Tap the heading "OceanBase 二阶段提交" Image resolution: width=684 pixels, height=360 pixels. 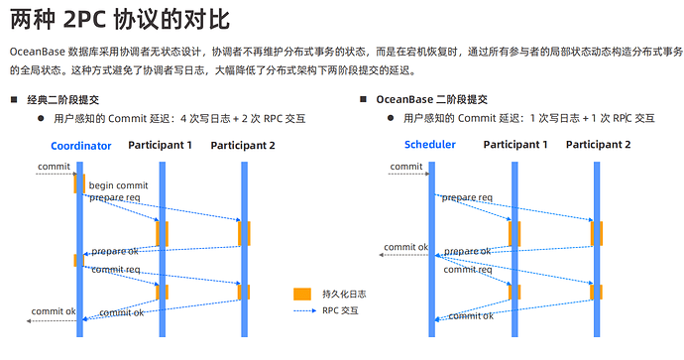431,100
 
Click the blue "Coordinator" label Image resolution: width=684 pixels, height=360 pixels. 80,146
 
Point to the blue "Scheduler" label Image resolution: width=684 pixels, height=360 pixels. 430,145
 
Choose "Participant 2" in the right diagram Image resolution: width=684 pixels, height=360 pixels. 598,145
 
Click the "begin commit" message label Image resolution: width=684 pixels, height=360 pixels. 118,185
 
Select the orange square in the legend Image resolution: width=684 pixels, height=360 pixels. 303,294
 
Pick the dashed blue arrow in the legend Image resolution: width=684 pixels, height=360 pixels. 303,310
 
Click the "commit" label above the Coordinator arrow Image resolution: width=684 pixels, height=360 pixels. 54,166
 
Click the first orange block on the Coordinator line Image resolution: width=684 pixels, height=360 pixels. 79,183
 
